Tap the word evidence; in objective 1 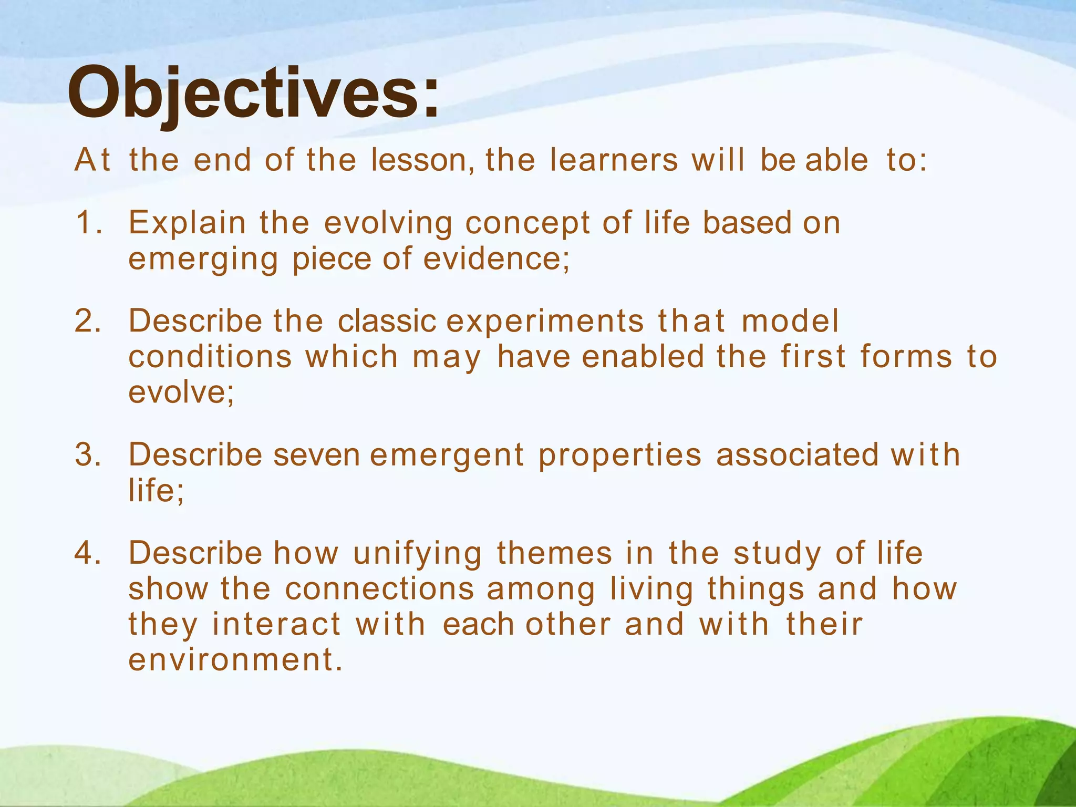pyautogui.click(x=496, y=258)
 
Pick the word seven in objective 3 pyautogui.click(x=316, y=454)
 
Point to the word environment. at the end pyautogui.click(x=235, y=660)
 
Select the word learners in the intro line pyautogui.click(x=614, y=160)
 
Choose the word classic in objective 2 pyautogui.click(x=387, y=321)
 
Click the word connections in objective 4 pyautogui.click(x=380, y=589)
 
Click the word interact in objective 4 pyautogui.click(x=277, y=625)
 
